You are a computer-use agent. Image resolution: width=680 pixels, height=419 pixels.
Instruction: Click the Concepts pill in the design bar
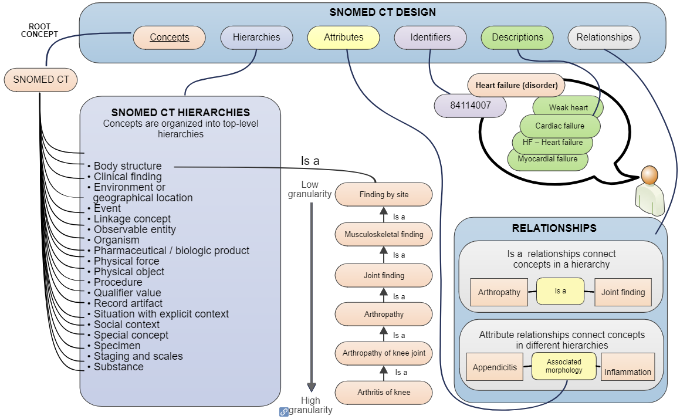[x=169, y=38]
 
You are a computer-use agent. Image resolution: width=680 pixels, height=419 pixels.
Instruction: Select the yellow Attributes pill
[x=344, y=38]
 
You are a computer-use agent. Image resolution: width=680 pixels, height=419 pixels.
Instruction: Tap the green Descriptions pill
[x=517, y=38]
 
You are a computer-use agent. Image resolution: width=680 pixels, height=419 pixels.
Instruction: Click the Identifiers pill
[x=431, y=38]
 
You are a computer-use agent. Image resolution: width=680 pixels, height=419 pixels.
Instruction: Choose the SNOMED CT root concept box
[x=41, y=80]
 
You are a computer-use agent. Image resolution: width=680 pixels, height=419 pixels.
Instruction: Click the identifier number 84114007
[x=470, y=106]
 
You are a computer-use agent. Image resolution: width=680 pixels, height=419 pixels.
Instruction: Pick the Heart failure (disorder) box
[x=516, y=86]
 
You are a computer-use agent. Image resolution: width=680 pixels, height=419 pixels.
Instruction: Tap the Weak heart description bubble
[x=567, y=107]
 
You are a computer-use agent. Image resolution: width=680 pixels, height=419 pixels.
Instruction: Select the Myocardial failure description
[x=547, y=159]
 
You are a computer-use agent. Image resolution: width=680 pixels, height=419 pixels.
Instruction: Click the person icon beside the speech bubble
[x=649, y=191]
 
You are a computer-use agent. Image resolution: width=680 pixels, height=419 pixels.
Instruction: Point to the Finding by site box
[x=384, y=195]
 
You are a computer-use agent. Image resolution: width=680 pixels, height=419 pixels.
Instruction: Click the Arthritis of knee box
[x=384, y=392]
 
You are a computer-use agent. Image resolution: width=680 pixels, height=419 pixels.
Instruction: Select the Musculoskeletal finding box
[x=384, y=235]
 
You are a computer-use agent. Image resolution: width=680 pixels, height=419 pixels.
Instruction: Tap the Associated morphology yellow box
[x=564, y=366]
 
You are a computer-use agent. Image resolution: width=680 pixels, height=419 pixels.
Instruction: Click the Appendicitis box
[x=495, y=367]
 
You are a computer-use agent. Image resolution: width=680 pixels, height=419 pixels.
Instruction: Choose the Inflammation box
[x=628, y=371]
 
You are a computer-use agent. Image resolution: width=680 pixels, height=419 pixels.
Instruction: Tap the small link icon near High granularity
[x=283, y=412]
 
